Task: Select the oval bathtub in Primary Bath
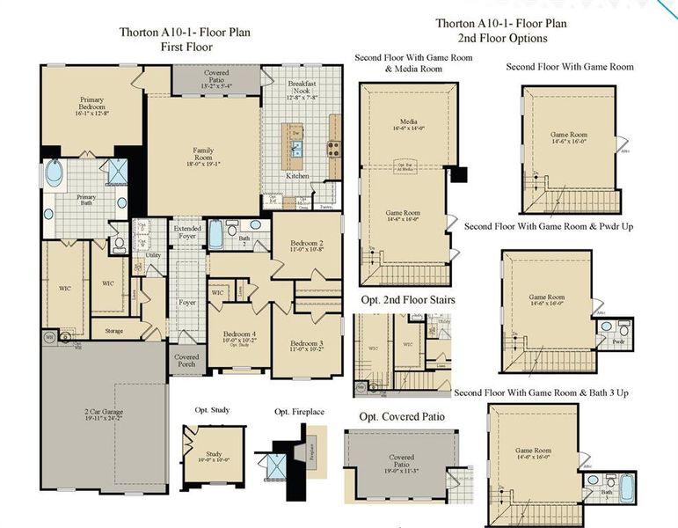pyautogui.click(x=55, y=174)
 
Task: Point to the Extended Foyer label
pyautogui.click(x=186, y=232)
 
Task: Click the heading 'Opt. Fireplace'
pyautogui.click(x=295, y=412)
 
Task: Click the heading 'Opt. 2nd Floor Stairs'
pyautogui.click(x=402, y=299)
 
